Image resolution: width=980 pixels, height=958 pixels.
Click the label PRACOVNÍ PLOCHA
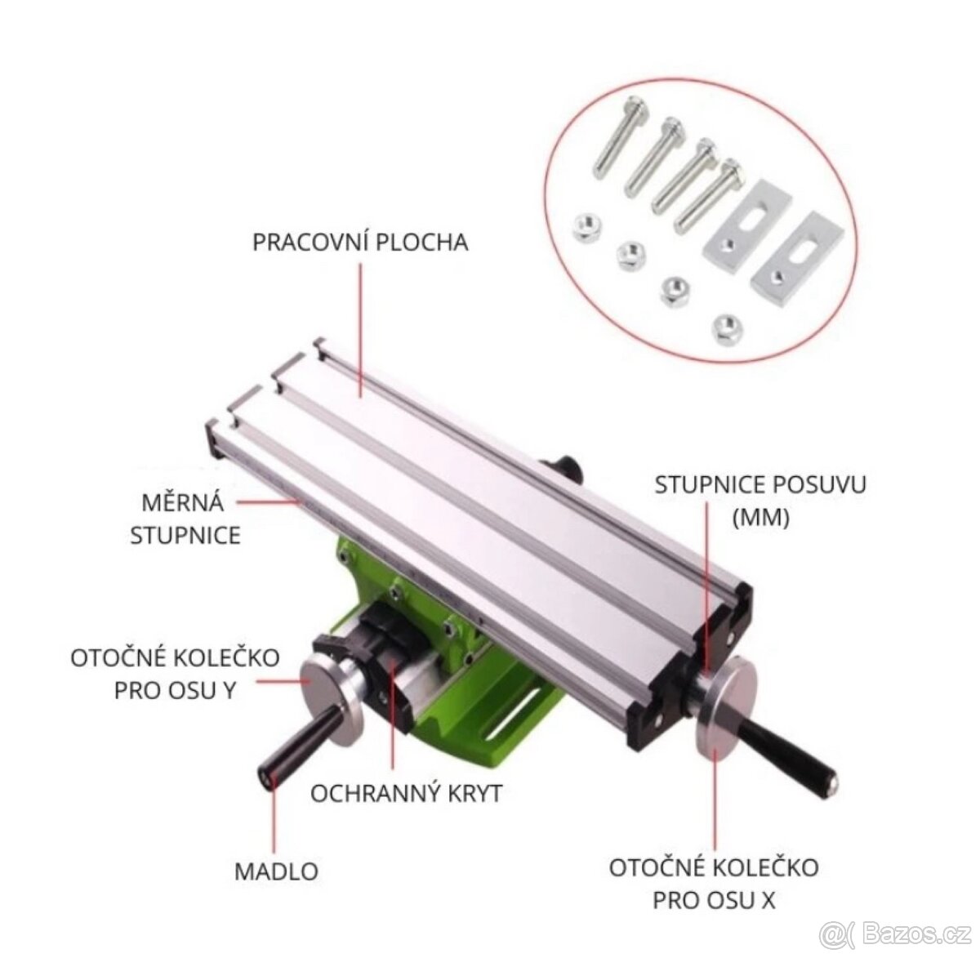[359, 243]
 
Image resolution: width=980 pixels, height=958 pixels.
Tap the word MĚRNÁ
[183, 502]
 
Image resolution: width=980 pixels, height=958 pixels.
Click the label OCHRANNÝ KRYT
[406, 794]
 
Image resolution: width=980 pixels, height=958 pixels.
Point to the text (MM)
[760, 519]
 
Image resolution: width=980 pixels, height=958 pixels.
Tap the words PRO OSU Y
[176, 691]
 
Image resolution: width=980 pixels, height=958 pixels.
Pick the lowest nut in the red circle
[727, 330]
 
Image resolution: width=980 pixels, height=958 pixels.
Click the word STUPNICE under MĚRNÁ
[185, 535]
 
